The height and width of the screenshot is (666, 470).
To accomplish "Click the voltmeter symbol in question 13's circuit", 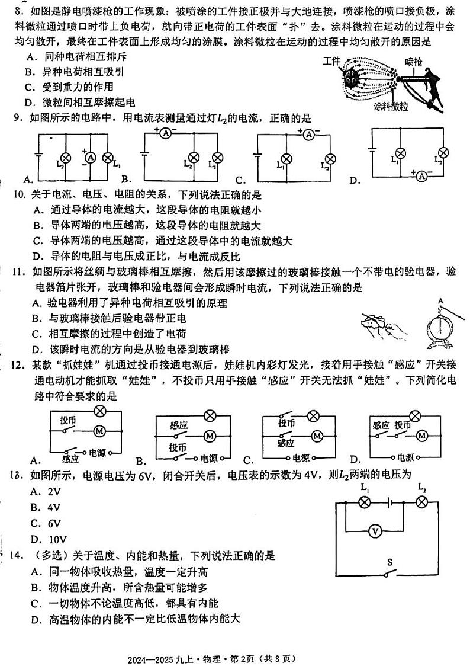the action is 375,531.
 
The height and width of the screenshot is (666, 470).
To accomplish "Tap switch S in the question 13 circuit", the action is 389,571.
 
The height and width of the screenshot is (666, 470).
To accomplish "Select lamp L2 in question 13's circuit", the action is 421,502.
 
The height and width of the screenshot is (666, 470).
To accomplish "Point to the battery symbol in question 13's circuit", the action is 389,502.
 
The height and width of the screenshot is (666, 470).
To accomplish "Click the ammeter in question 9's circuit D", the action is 421,176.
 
